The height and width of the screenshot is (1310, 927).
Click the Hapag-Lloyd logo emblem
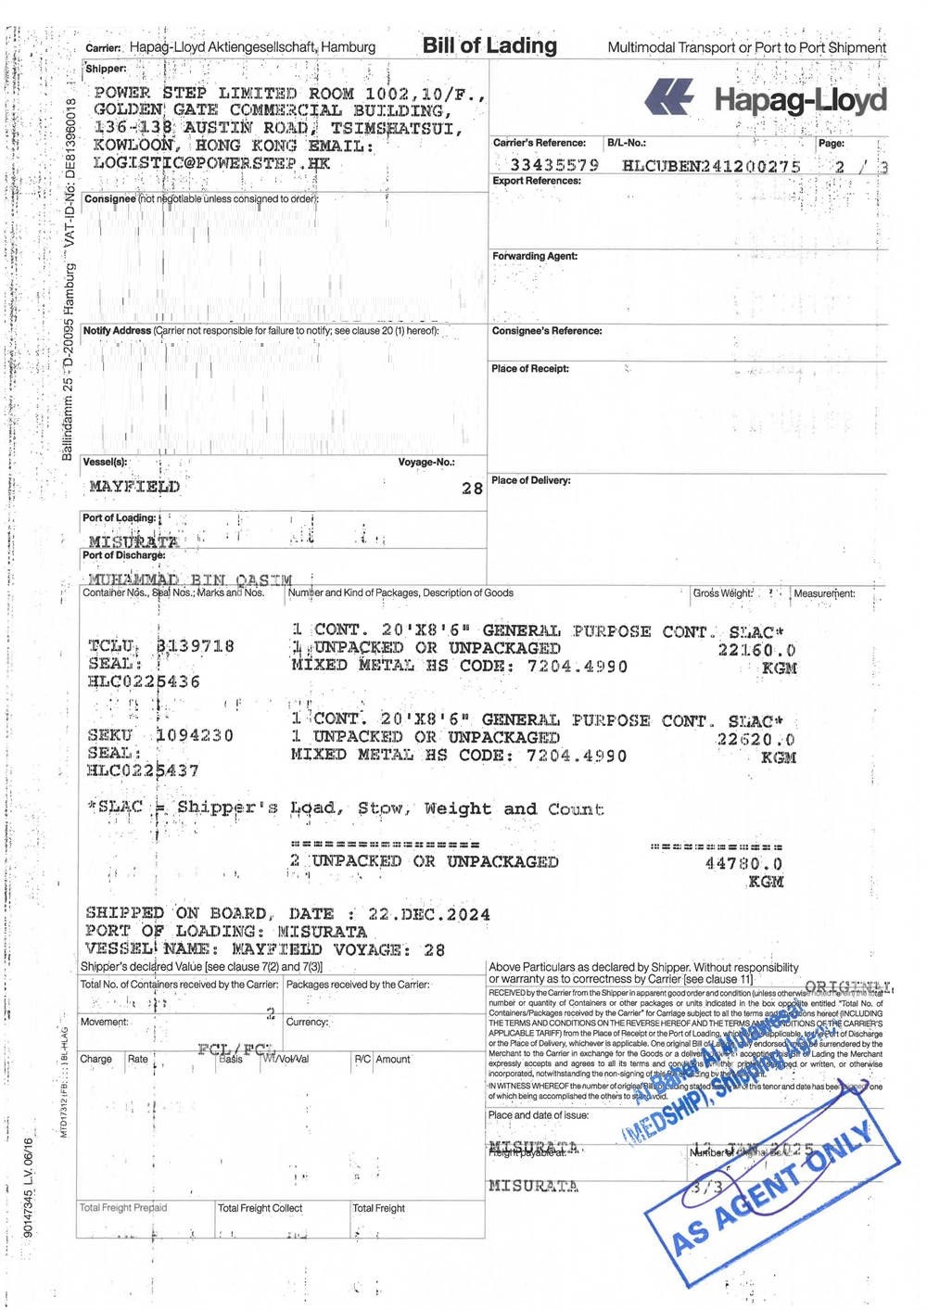[670, 97]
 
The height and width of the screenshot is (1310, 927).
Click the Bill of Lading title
[489, 45]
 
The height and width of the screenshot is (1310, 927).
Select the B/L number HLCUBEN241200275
[711, 166]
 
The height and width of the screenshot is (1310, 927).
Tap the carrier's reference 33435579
[554, 165]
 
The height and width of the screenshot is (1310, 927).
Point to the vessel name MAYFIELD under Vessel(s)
[134, 486]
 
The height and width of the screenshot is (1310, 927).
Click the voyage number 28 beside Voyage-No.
[472, 489]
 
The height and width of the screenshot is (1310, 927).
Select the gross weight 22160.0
[756, 650]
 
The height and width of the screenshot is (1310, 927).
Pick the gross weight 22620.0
[756, 740]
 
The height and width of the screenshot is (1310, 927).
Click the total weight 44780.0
[743, 863]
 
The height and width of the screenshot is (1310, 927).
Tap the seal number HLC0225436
[144, 681]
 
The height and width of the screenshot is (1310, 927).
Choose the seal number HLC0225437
[144, 770]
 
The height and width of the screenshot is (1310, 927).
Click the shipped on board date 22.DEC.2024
[429, 914]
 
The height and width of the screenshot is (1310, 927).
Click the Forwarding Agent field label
[535, 256]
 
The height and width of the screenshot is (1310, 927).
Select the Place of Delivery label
[531, 480]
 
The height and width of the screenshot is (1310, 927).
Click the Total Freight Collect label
[260, 1208]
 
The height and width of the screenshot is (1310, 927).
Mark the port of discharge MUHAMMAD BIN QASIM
[190, 579]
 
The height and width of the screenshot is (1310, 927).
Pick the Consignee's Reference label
[547, 331]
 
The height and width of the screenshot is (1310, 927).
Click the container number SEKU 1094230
[160, 735]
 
